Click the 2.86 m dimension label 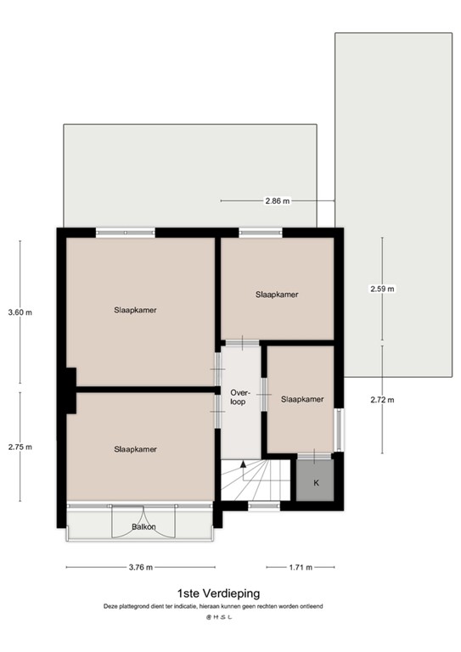[x=277, y=201]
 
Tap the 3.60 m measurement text [x=20, y=312]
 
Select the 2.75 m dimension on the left [x=20, y=447]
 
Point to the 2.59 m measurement [x=382, y=289]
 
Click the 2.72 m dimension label [x=382, y=400]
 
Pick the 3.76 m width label [x=140, y=568]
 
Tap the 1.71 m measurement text [x=300, y=568]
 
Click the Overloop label [x=239, y=396]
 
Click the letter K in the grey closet [x=317, y=483]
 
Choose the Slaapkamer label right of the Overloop [x=302, y=399]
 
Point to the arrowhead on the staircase [x=243, y=465]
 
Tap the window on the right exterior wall [x=340, y=430]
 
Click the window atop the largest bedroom [x=125, y=230]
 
